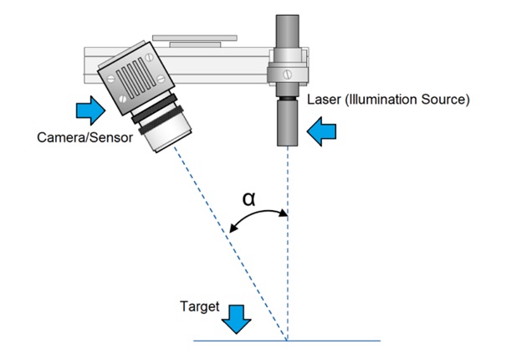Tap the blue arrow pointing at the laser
tap(321, 130)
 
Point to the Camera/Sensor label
tap(84, 137)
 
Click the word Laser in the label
tap(322, 100)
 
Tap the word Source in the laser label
tap(447, 100)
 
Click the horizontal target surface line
tap(335, 341)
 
